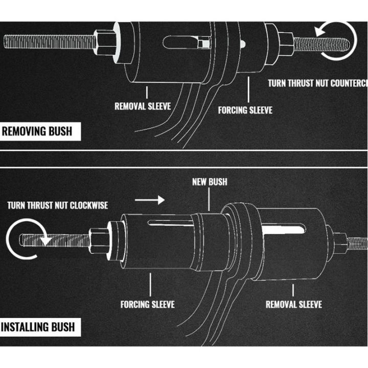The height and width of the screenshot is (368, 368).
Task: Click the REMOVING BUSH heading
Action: pyautogui.click(x=36, y=131)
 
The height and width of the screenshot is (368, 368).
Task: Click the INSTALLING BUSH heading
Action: pyautogui.click(x=38, y=326)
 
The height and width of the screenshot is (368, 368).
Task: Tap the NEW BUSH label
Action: pyautogui.click(x=210, y=181)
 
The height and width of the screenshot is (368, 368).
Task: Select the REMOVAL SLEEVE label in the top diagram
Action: pyautogui.click(x=142, y=107)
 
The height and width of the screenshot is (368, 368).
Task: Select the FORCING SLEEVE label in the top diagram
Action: pyautogui.click(x=245, y=110)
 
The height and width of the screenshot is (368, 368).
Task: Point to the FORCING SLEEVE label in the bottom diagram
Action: pyautogui.click(x=147, y=304)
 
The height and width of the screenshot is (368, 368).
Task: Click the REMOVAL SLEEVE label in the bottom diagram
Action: pyautogui.click(x=293, y=304)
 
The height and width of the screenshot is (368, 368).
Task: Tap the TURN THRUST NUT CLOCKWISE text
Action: pyautogui.click(x=57, y=205)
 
